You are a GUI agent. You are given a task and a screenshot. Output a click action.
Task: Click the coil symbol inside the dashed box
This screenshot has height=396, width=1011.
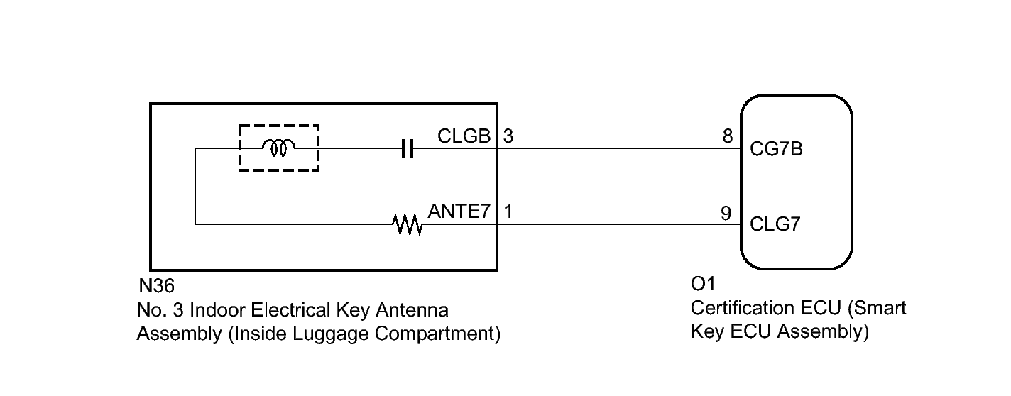[278, 148]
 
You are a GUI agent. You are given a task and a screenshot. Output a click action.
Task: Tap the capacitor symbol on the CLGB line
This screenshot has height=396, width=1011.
[407, 149]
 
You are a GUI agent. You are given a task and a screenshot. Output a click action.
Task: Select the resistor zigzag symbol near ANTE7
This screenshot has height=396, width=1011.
[408, 226]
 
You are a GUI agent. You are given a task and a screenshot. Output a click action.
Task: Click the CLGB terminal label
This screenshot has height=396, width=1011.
[464, 136]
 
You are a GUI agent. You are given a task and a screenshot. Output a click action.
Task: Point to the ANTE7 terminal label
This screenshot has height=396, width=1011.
[459, 211]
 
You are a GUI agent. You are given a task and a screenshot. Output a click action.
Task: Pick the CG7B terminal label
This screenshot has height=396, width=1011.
[777, 150]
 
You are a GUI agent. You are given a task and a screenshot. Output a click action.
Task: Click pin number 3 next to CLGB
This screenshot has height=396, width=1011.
[508, 136]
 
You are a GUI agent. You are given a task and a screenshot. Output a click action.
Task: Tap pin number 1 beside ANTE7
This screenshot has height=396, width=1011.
[508, 211]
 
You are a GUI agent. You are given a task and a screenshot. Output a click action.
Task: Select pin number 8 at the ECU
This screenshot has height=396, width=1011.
[727, 136]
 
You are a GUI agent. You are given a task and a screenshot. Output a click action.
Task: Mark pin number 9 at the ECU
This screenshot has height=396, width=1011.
[726, 212]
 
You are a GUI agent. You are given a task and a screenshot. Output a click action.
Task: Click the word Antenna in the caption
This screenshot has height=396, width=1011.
[418, 311]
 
